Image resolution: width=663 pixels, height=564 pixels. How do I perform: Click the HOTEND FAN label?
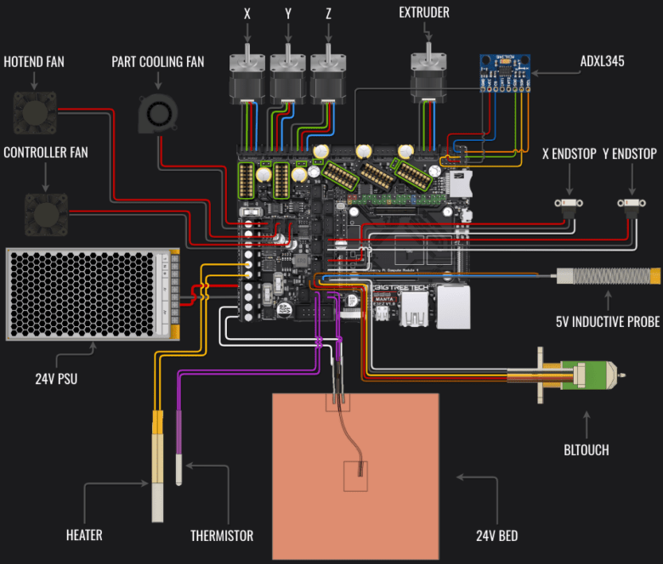pyautogui.click(x=34, y=61)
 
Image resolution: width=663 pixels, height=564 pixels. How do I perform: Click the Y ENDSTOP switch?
pyautogui.click(x=630, y=204)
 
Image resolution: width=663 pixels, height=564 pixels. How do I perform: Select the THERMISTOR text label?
pyautogui.click(x=222, y=536)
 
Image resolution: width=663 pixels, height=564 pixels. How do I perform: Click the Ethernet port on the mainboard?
pyautogui.click(x=452, y=307)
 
